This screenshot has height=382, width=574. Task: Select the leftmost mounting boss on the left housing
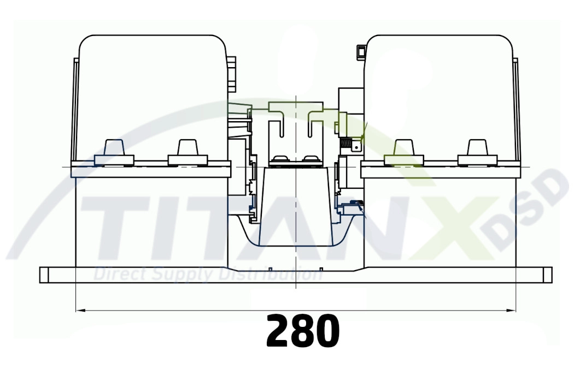click(x=114, y=152)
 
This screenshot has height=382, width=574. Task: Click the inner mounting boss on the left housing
click(x=188, y=152)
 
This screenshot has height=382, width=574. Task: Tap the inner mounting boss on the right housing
click(x=403, y=152)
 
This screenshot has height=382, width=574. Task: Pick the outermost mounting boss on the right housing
click(x=477, y=152)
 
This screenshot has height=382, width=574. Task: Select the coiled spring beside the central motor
click(x=346, y=145)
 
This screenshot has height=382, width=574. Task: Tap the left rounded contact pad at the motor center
click(x=280, y=159)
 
